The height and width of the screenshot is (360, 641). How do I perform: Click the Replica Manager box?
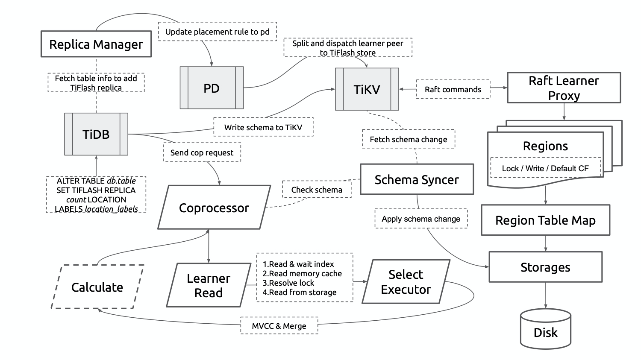(96, 44)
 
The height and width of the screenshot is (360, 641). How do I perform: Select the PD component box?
(212, 88)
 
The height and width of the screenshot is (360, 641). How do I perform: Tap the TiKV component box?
(367, 89)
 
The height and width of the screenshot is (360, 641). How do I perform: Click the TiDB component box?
(96, 134)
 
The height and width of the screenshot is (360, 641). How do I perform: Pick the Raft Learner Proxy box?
(564, 88)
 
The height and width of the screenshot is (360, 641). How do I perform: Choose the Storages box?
(545, 267)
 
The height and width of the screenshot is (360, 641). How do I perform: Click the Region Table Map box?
(545, 220)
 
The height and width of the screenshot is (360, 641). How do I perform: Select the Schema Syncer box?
(417, 179)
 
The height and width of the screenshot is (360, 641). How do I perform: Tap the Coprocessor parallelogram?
(214, 208)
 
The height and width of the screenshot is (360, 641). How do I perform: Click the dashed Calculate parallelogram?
(97, 287)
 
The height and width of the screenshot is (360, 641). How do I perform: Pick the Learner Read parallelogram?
(209, 285)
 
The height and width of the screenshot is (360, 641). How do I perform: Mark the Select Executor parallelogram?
(406, 282)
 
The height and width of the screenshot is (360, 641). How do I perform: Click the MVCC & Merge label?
(279, 326)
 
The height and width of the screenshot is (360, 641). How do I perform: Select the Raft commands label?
(453, 89)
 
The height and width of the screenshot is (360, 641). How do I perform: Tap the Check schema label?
(317, 190)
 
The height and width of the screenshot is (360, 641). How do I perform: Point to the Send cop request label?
(202, 152)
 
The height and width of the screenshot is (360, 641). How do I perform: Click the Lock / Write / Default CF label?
(545, 168)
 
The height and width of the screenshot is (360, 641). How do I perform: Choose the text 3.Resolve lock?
(288, 283)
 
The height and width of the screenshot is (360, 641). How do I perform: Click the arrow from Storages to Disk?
(546, 295)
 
